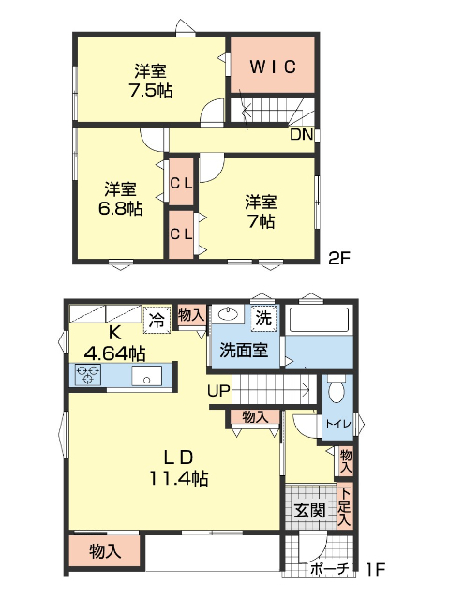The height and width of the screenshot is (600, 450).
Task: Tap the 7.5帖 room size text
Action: point(151,90)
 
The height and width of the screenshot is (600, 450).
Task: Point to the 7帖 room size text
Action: point(261,221)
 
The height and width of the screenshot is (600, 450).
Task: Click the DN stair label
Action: point(300,134)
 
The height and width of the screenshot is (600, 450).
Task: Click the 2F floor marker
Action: point(337,258)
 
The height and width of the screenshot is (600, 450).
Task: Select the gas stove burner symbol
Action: point(89,375)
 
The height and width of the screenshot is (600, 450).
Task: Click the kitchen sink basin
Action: point(147,376)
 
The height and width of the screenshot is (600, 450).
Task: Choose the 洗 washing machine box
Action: point(263,318)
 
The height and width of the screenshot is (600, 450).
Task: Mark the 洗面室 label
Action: point(244,351)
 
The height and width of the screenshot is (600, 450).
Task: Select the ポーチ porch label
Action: point(329,569)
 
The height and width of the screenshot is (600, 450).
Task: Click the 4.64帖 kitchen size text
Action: point(114,353)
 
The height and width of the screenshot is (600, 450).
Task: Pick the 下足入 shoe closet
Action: point(344,506)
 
